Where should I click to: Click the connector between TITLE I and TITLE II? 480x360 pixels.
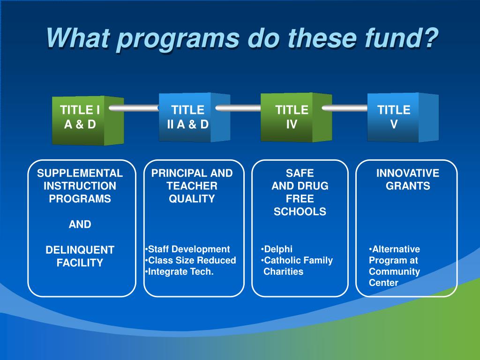click(x=133, y=108)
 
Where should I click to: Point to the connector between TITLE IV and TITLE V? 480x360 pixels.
click(x=345, y=108)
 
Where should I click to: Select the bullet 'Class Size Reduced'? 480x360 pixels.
click(x=191, y=260)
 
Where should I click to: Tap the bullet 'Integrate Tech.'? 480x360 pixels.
click(x=180, y=271)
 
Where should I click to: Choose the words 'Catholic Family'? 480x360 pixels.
click(x=298, y=260)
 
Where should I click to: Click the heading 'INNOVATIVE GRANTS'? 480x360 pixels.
click(x=407, y=180)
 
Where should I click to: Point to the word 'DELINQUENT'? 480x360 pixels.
click(x=80, y=250)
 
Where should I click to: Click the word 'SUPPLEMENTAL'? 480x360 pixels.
click(x=80, y=173)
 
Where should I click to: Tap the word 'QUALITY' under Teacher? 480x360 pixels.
click(x=192, y=199)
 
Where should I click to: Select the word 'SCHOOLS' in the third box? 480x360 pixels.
click(x=300, y=211)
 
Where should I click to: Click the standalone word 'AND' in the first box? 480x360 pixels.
click(x=80, y=225)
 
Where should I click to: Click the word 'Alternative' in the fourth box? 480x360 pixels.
click(x=395, y=249)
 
